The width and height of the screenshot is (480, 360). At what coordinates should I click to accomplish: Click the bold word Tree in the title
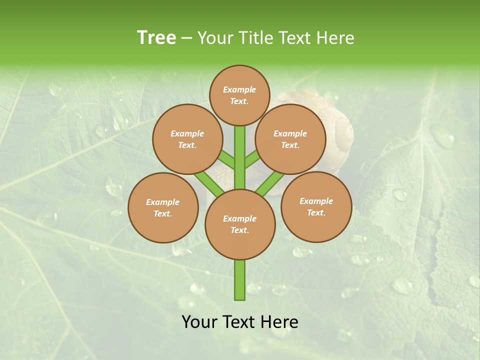(x=156, y=37)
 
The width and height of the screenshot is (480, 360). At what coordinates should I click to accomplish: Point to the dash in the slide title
(x=186, y=38)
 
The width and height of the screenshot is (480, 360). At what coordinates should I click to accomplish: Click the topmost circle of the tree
(x=239, y=95)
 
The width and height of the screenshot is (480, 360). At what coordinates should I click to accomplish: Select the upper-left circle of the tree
(x=187, y=139)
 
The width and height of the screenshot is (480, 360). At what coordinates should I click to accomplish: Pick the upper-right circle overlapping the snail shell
(x=290, y=139)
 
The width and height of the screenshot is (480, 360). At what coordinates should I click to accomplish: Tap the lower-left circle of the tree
(x=163, y=207)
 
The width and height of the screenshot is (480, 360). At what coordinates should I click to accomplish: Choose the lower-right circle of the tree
(x=316, y=206)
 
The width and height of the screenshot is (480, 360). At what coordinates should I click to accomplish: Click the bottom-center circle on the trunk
(x=240, y=224)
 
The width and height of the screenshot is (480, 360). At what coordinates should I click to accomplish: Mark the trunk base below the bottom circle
(x=240, y=280)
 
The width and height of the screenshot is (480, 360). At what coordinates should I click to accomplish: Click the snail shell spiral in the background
(x=344, y=132)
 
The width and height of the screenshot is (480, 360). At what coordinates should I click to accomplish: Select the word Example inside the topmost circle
(x=239, y=89)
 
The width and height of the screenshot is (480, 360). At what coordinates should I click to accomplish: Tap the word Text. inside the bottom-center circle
(x=239, y=230)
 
